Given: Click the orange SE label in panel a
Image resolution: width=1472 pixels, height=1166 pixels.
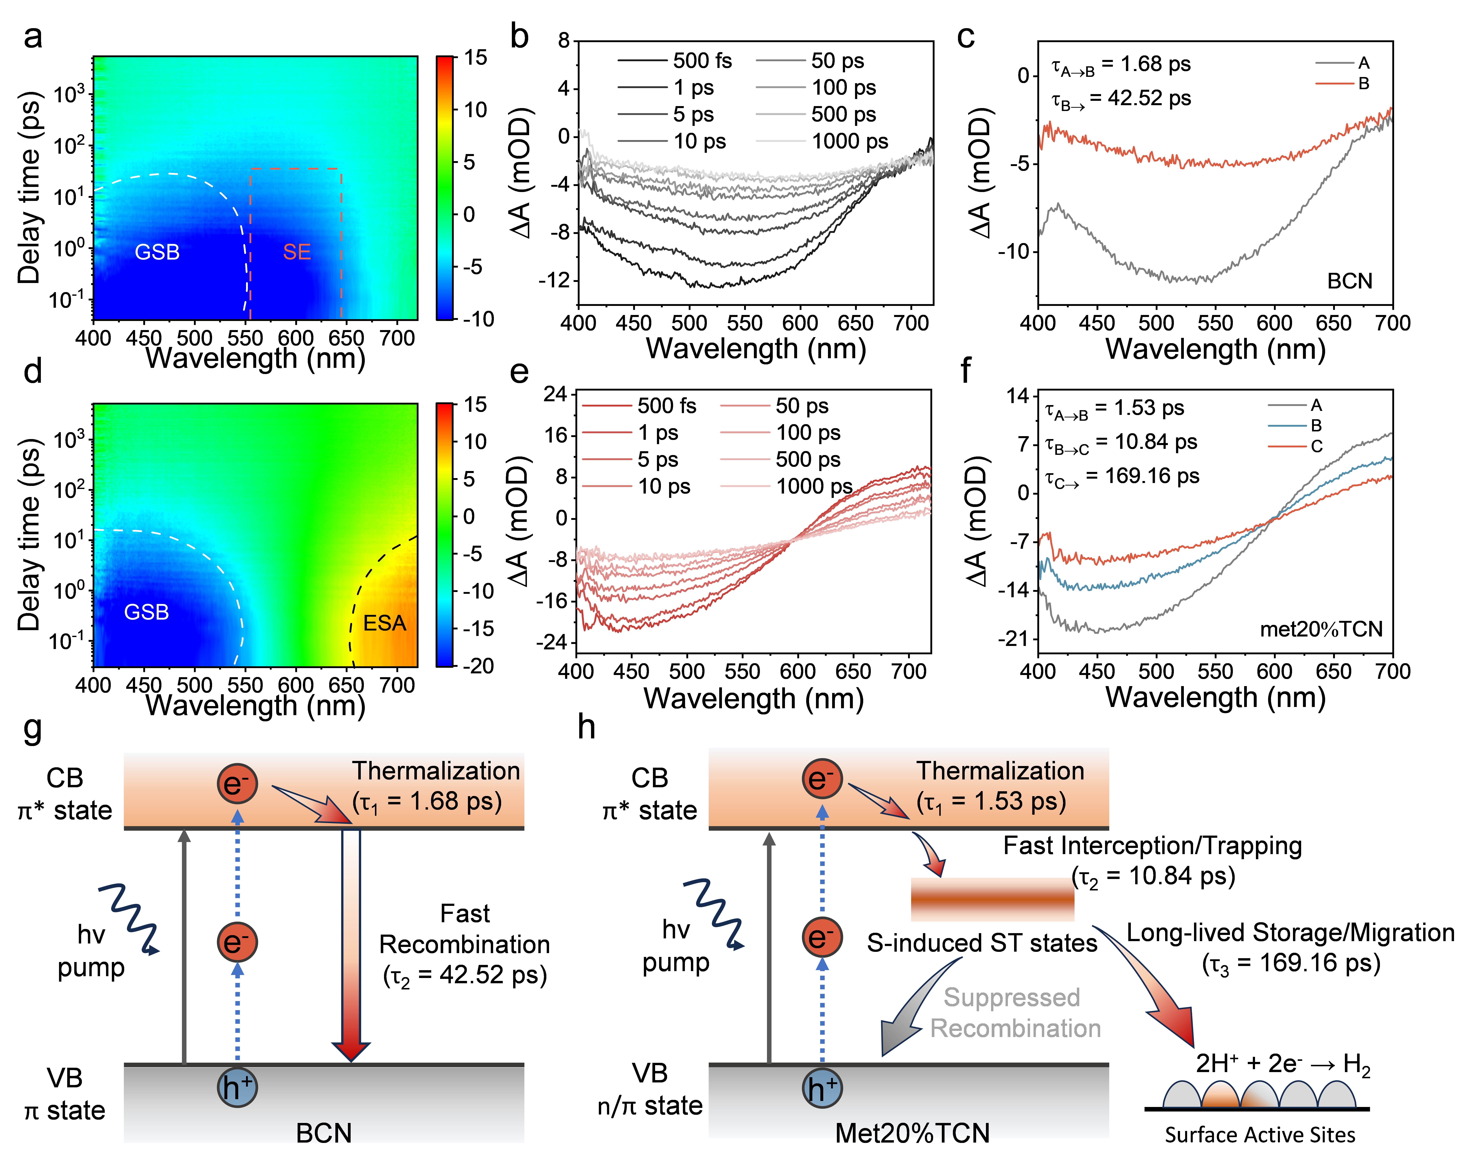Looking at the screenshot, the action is point(297,252).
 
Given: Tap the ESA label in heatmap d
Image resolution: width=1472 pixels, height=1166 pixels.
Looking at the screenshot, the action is point(384,623).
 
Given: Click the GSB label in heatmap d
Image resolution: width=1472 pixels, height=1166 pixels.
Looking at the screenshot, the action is point(146,612).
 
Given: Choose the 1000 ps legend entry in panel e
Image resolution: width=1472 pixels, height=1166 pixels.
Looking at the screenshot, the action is point(787,486).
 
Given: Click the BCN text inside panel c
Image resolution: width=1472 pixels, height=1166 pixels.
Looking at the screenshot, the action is point(1349,281).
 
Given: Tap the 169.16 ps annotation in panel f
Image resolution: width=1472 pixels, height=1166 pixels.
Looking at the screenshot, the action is point(1122,476).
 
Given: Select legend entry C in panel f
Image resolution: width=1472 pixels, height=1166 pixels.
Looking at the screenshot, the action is point(1295,446).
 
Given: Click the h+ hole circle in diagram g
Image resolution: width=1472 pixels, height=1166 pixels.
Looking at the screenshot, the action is point(237,1087).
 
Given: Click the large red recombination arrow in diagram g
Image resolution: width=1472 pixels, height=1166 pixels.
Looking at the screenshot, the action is point(351,945).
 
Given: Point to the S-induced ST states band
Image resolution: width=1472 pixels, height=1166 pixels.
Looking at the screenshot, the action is point(992,899).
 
